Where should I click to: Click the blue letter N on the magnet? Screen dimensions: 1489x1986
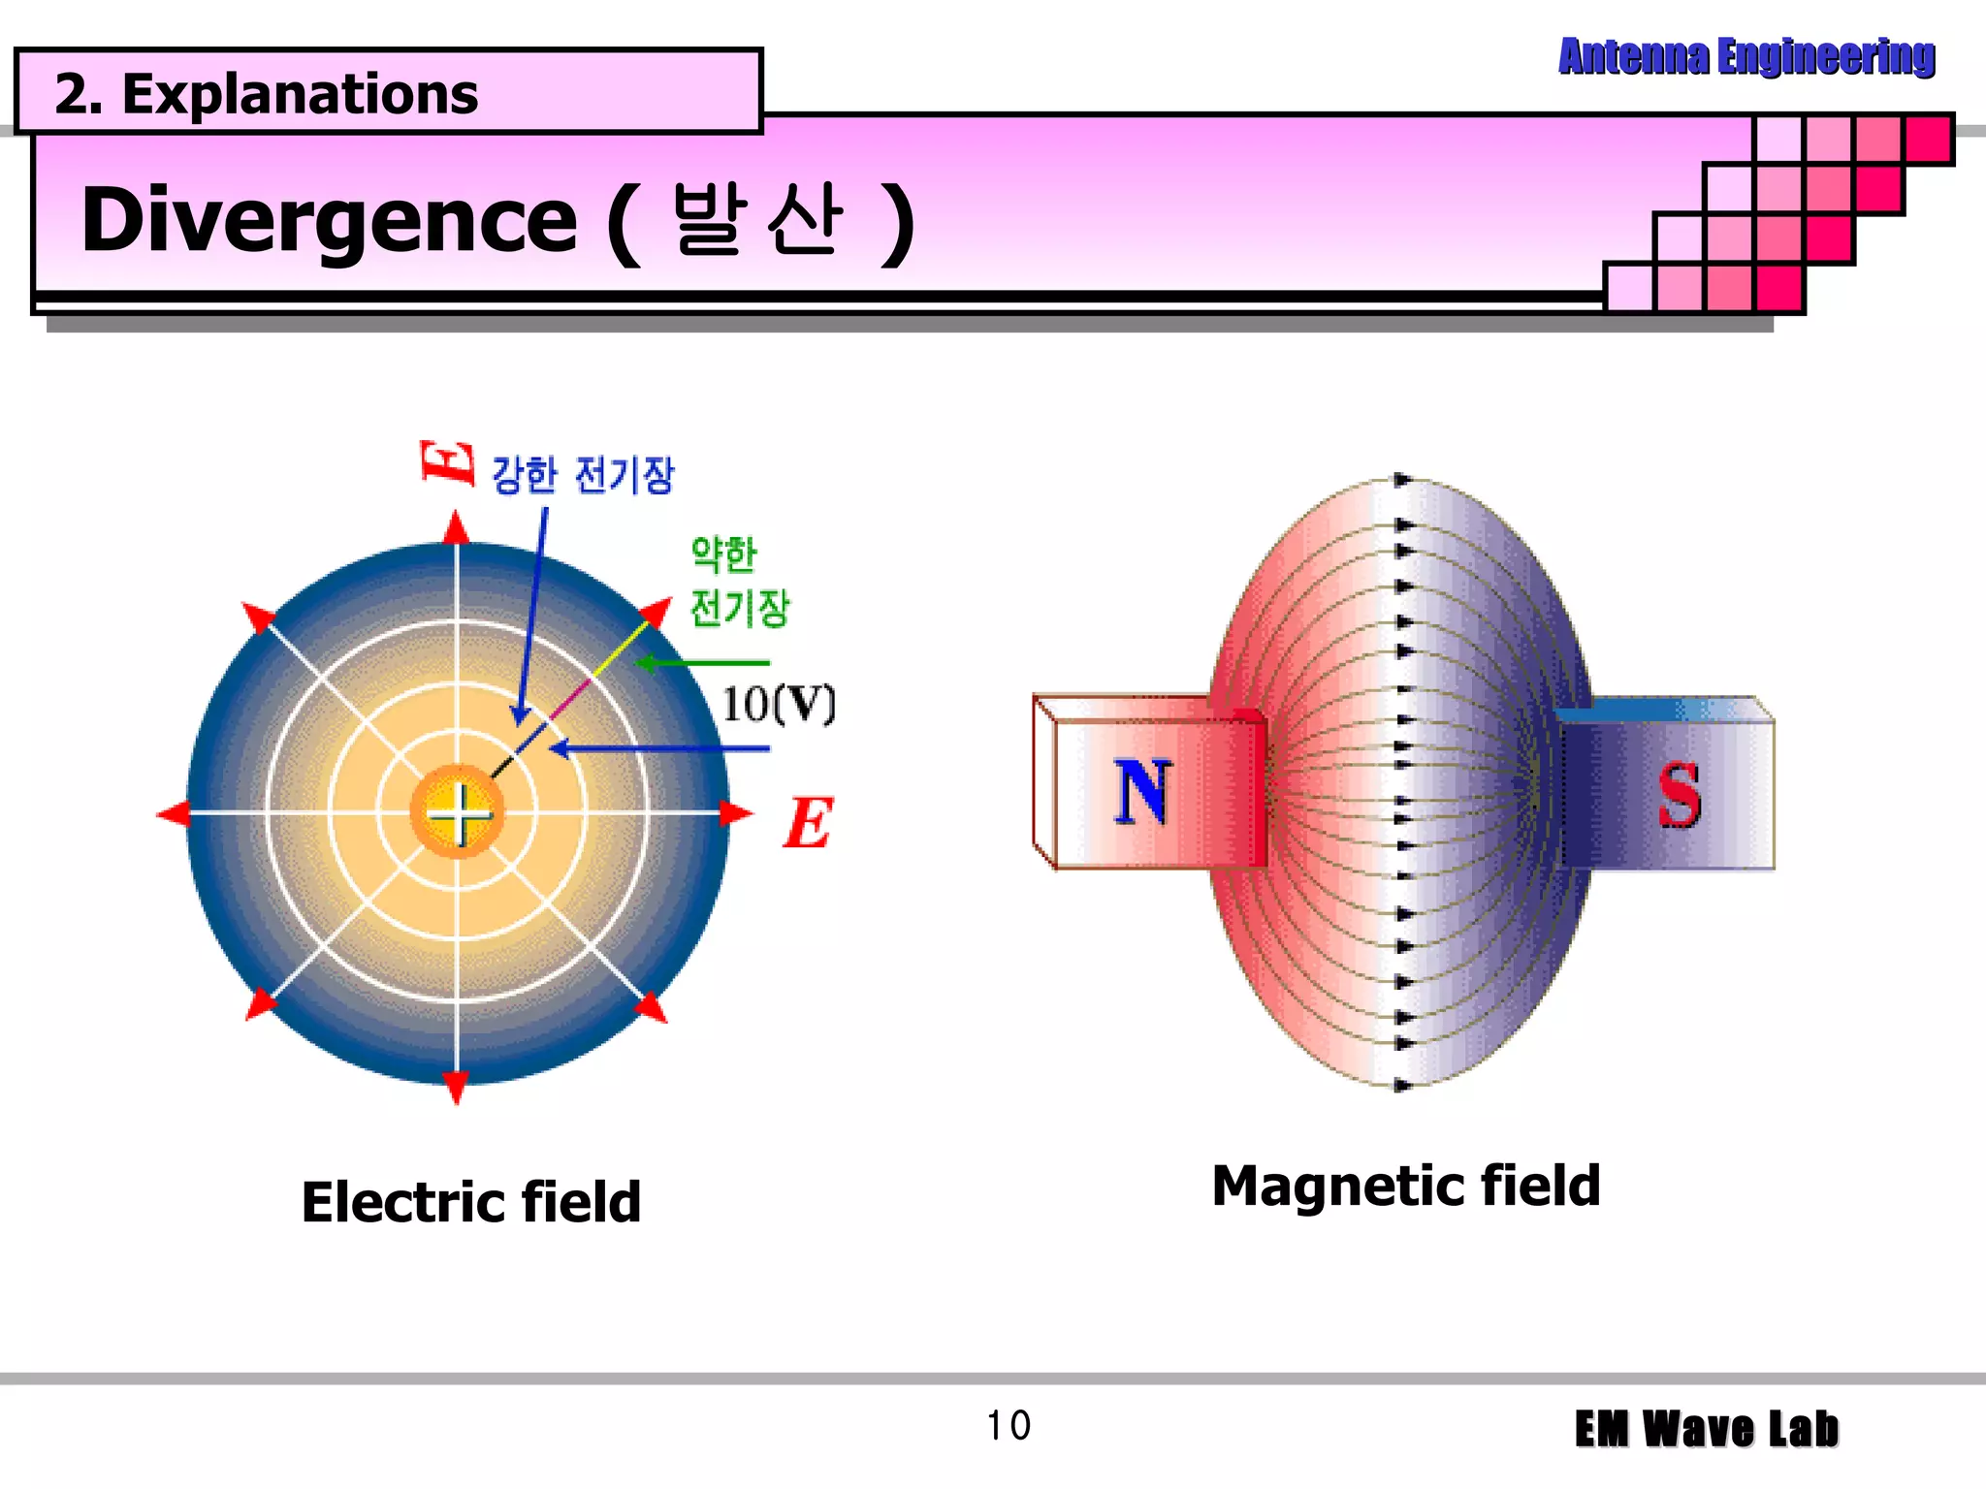1142,791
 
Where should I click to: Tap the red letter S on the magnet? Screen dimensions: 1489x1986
1679,795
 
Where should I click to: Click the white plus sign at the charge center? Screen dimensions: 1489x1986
459,812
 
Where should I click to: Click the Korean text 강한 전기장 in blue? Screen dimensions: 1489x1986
582,475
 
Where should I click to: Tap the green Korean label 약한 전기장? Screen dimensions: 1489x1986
739,582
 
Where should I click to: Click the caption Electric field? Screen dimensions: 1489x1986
471,1202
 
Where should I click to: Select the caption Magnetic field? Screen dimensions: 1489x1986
1406,1186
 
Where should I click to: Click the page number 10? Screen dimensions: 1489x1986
1009,1426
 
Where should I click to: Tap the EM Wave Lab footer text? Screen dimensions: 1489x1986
1707,1429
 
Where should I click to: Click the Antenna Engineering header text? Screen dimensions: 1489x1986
1746,56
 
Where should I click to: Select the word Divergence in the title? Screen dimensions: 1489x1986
330,220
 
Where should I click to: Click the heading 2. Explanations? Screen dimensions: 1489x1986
267,94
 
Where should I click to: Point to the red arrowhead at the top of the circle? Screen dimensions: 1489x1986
457,528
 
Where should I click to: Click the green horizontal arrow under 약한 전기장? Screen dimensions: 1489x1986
702,663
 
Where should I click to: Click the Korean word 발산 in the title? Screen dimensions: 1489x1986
756,220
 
